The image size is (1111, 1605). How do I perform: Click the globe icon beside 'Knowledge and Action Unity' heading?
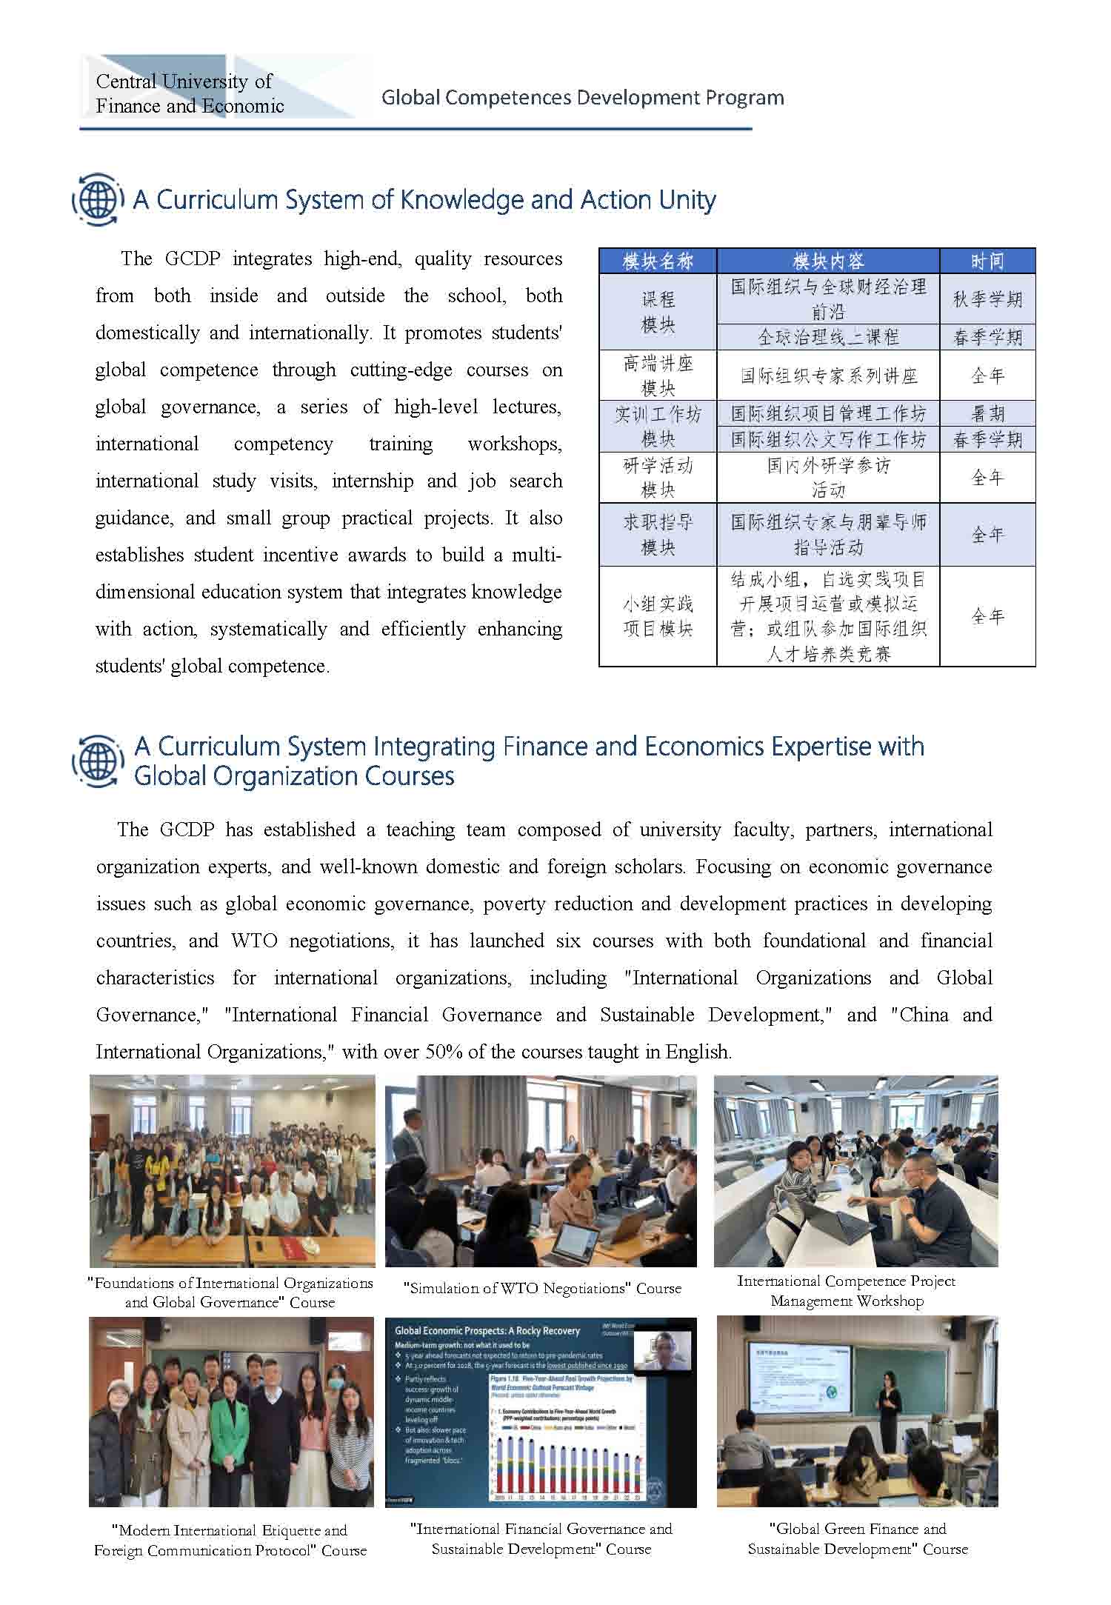(x=97, y=199)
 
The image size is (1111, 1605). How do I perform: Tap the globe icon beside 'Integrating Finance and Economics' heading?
(x=97, y=761)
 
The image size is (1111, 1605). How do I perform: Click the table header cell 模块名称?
(x=658, y=261)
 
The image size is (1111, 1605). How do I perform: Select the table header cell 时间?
(x=987, y=261)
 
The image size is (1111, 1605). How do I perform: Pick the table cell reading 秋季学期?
(x=987, y=299)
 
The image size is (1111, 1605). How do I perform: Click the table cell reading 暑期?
(x=987, y=413)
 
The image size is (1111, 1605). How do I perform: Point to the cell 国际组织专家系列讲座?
(x=828, y=376)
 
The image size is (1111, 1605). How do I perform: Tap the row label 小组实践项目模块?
(x=658, y=616)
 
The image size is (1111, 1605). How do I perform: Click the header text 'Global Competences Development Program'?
(x=582, y=98)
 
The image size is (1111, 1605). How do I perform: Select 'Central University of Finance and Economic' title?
(x=190, y=93)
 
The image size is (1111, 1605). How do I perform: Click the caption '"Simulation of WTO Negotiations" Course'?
(x=542, y=1288)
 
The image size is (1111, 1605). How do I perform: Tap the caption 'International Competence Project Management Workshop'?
(x=847, y=1290)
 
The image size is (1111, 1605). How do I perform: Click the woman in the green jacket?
(x=230, y=1438)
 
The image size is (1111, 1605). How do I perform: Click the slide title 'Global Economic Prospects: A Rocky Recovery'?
(x=487, y=1331)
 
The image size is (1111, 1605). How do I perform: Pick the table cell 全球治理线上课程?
(x=828, y=338)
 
